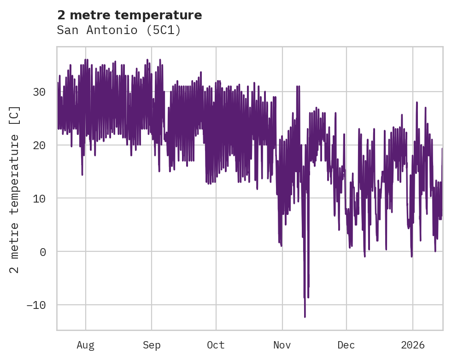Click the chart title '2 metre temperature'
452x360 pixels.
[x=129, y=15]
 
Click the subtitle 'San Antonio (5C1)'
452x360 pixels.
[x=119, y=30]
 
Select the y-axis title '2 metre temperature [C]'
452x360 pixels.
[x=15, y=190]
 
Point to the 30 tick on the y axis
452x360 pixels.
[x=39, y=92]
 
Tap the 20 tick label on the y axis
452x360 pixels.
[x=39, y=145]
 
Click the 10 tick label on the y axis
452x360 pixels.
[x=39, y=198]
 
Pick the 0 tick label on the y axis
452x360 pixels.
[x=42, y=252]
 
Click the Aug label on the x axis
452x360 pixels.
[x=85, y=345]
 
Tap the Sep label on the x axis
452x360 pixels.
[x=151, y=345]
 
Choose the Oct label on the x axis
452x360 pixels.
[x=216, y=345]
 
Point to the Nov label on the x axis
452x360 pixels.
[x=282, y=345]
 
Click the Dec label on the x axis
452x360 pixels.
[x=346, y=345]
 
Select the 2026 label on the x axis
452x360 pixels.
[x=413, y=345]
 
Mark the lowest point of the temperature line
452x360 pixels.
[x=305, y=317]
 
